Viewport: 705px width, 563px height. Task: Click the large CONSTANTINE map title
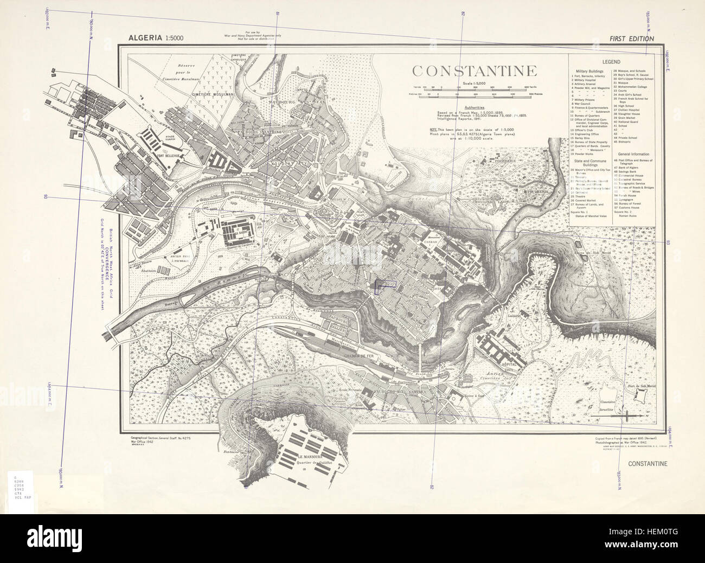coord(474,71)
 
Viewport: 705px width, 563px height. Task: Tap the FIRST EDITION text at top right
coord(631,39)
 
